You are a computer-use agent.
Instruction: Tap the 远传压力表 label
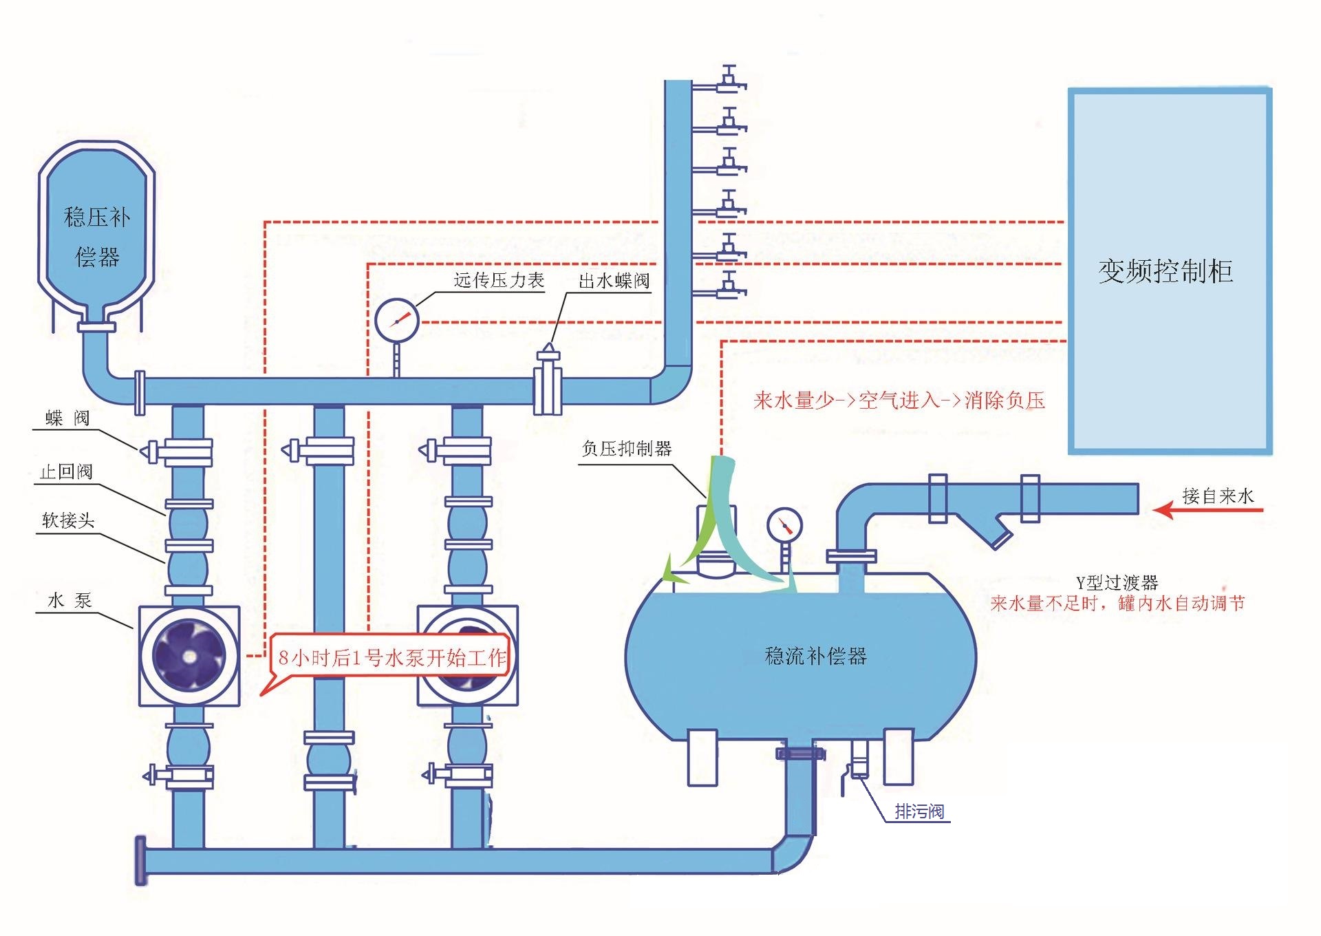click(x=499, y=280)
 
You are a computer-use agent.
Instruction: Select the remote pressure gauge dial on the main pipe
click(x=397, y=320)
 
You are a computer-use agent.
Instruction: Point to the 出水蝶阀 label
click(x=614, y=281)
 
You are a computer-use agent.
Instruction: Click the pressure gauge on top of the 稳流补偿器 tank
click(x=784, y=526)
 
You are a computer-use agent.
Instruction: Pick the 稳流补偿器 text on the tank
click(x=815, y=656)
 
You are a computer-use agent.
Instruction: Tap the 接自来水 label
click(x=1218, y=496)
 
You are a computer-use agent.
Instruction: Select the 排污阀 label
click(x=919, y=811)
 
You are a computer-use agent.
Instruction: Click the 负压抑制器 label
click(x=626, y=449)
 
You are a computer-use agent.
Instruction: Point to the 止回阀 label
click(x=66, y=471)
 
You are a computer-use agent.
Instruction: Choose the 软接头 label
click(x=67, y=520)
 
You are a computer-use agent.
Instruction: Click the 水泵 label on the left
click(x=69, y=600)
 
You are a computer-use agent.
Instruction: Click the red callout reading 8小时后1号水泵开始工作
click(x=391, y=658)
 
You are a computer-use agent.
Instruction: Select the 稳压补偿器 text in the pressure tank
click(x=97, y=237)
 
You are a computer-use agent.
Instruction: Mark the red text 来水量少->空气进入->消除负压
click(x=899, y=401)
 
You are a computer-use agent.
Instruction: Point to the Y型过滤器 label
click(x=1117, y=583)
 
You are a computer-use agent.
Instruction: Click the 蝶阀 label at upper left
click(x=67, y=418)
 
